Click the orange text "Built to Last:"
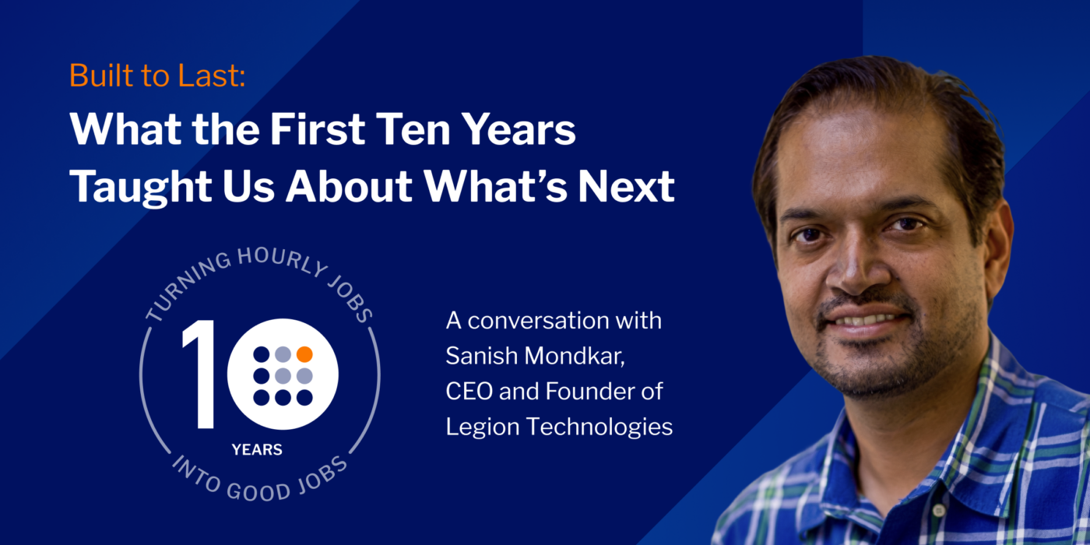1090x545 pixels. click(x=157, y=76)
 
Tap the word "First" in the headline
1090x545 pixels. click(x=318, y=129)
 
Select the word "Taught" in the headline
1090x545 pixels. click(x=141, y=188)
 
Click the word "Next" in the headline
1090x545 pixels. click(x=626, y=185)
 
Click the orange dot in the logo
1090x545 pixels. click(x=304, y=354)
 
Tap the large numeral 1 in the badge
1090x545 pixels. click(x=198, y=374)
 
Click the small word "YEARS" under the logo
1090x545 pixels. click(x=257, y=449)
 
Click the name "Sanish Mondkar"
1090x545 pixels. click(x=534, y=356)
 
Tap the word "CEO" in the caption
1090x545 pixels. click(x=469, y=391)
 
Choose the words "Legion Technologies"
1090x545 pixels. click(x=559, y=427)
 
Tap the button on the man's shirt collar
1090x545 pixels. click(x=939, y=511)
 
